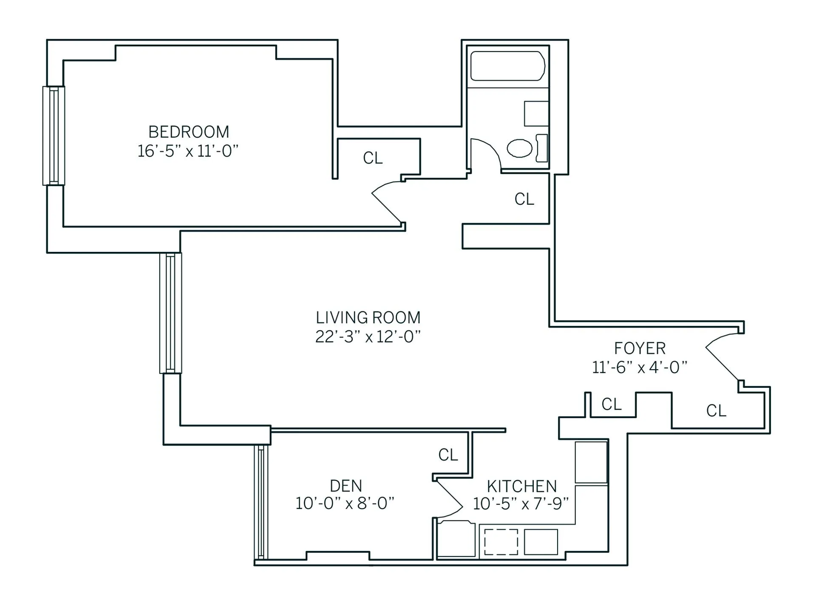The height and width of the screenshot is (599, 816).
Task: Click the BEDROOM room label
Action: point(189,132)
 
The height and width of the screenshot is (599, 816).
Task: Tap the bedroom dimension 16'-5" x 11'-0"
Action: point(188,151)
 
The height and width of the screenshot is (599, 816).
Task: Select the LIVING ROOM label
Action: point(368,318)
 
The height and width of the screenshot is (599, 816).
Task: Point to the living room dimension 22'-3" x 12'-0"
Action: point(368,336)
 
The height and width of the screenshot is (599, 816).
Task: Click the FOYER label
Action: point(640,348)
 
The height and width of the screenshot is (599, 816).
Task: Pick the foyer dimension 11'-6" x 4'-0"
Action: point(640,367)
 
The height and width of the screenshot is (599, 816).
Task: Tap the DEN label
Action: point(346,486)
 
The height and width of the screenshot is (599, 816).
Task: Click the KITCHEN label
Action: point(521,486)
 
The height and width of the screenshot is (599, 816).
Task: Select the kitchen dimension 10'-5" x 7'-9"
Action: point(521,504)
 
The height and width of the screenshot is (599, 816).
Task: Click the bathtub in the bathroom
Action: point(508,66)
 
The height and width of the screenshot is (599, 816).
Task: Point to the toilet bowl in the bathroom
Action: point(519,149)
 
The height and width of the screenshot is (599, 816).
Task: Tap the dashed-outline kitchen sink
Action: point(501,542)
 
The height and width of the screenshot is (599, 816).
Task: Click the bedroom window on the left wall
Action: point(54,136)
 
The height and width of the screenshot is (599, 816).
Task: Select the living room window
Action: point(171,313)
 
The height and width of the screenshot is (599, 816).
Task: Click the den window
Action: point(261,502)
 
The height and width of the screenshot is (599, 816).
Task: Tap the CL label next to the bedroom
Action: point(373,158)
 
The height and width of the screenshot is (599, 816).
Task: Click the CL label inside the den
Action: point(448,455)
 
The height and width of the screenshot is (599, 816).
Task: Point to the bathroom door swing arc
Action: point(493,149)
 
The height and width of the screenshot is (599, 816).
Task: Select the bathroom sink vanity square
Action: point(536,113)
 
